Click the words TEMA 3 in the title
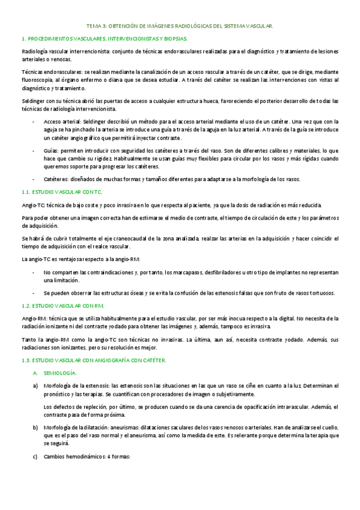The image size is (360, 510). tap(97, 26)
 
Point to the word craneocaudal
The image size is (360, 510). tap(145, 239)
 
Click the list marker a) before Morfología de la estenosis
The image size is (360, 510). tap(35, 385)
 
